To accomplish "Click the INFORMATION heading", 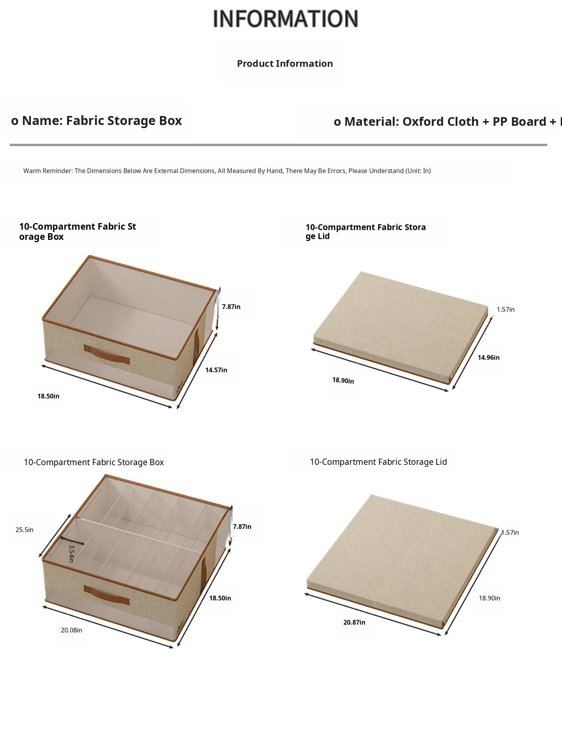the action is (285, 19).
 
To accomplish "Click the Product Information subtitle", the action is (285, 64).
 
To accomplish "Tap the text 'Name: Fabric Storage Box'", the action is (102, 121).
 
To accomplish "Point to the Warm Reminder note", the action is (227, 171).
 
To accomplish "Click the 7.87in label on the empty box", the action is (231, 307).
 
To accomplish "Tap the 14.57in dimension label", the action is (216, 370).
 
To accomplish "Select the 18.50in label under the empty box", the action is (48, 396).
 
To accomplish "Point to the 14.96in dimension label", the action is (489, 357).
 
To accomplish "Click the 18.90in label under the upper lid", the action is (343, 380).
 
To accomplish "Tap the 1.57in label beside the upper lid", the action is (506, 309).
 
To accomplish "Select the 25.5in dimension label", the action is (25, 530).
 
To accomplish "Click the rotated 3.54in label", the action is (71, 554).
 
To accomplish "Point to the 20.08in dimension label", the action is (71, 630).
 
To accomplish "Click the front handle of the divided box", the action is (107, 596).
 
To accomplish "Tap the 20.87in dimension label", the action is (354, 622).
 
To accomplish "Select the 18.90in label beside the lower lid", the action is (489, 598).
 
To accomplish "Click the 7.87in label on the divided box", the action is (242, 527).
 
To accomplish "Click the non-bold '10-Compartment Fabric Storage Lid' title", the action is (378, 462).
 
